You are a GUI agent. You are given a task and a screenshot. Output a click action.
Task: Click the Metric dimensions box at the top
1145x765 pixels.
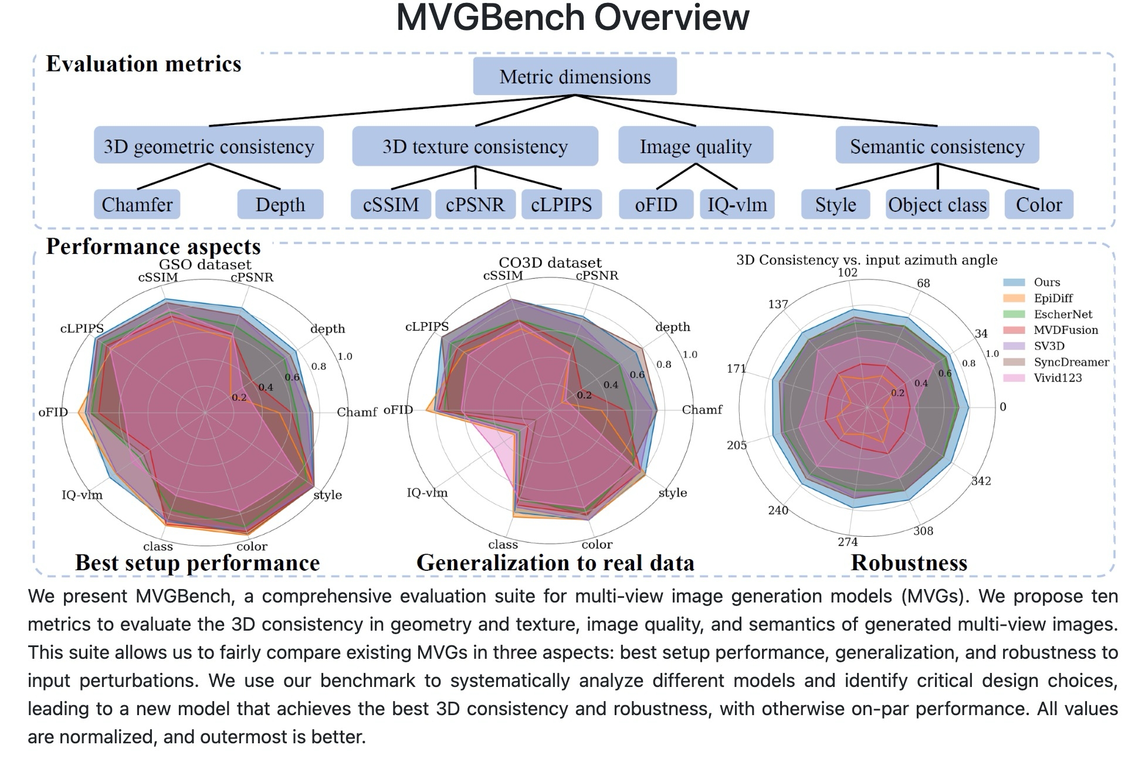point(575,76)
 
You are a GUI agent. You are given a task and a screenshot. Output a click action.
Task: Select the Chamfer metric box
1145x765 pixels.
point(137,204)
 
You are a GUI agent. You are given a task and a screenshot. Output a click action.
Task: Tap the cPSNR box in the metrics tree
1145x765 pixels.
point(475,204)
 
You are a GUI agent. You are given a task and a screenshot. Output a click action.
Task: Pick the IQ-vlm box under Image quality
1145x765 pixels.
point(737,204)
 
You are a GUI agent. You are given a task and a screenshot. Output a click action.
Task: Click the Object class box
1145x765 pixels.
point(937,204)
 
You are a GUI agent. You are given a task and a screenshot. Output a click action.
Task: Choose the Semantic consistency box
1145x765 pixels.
point(937,145)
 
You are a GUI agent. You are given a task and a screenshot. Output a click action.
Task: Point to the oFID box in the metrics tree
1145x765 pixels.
point(656,204)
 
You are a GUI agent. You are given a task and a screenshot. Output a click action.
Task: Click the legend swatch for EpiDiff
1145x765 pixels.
point(1014,298)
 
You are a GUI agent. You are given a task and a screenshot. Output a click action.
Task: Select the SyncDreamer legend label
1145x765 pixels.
point(1072,362)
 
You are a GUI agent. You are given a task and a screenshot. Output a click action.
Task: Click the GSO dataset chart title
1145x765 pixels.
point(205,265)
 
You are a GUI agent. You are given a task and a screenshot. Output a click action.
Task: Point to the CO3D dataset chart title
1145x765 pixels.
point(550,262)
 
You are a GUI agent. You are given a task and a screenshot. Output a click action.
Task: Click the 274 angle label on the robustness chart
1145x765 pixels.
point(848,541)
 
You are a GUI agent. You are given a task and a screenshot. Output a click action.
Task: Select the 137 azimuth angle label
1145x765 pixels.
point(778,304)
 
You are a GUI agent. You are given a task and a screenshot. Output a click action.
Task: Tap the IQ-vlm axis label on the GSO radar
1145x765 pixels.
point(82,495)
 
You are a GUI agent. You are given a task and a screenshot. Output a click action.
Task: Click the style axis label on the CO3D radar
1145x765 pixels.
point(673,493)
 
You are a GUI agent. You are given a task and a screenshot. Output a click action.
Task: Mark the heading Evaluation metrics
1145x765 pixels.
point(144,63)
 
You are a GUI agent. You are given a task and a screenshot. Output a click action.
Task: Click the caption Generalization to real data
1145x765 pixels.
point(555,563)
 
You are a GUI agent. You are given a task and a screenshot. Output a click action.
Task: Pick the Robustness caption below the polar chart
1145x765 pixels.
point(909,563)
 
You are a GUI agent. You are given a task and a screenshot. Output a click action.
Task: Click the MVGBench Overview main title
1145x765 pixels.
point(572,18)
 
